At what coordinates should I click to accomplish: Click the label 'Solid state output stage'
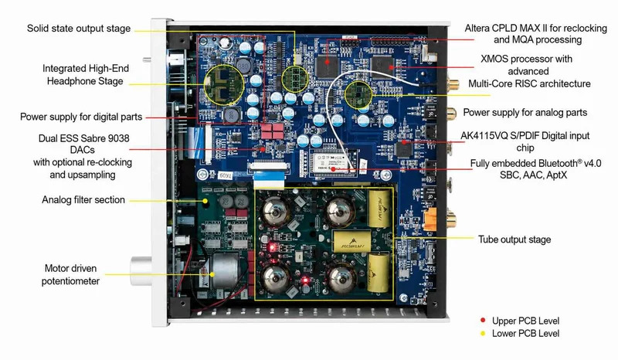coord(79,29)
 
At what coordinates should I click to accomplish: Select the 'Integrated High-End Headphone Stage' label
coord(86,74)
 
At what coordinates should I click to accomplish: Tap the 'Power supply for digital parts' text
coord(81,117)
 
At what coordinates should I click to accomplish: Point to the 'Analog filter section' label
coord(83,200)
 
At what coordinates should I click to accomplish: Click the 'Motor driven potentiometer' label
coord(70,274)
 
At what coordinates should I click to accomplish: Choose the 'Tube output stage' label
coord(514,239)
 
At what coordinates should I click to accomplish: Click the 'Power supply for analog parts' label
coord(525,112)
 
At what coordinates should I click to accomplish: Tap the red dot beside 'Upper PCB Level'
coord(483,320)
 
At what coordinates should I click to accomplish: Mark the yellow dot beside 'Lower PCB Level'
coord(483,333)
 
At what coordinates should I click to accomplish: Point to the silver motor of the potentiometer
coord(226,270)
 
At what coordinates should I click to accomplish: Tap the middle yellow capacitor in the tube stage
coord(352,241)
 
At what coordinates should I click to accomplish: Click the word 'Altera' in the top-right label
coord(477,28)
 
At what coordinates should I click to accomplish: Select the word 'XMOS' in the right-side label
coord(494,59)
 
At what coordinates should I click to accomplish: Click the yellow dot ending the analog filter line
coord(205,201)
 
